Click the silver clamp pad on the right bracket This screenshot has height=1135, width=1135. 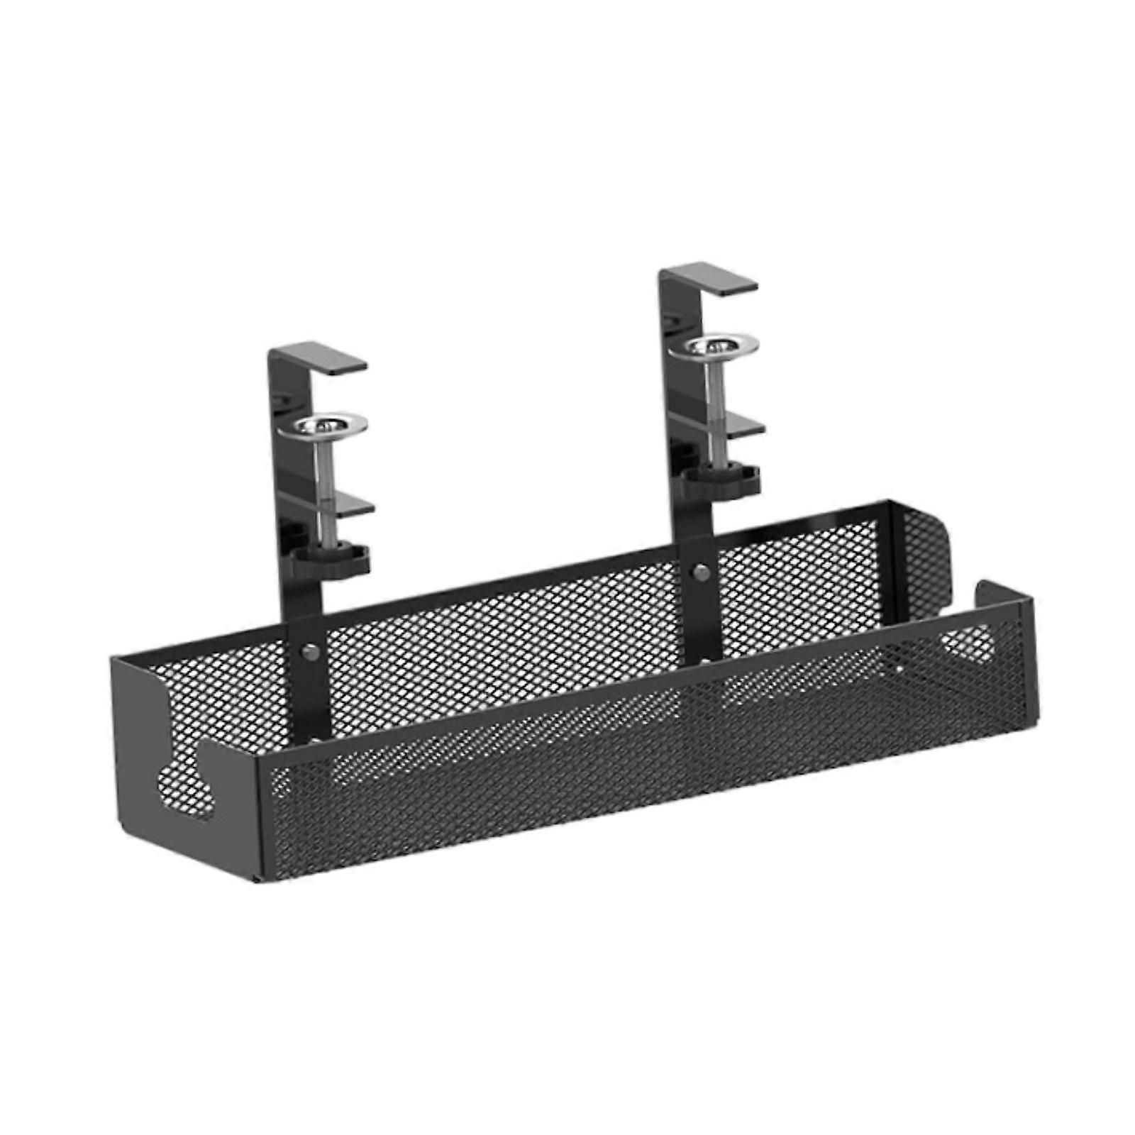click(x=719, y=346)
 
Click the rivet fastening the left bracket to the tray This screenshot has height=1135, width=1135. click(x=309, y=652)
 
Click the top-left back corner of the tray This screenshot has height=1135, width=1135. click(x=113, y=659)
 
